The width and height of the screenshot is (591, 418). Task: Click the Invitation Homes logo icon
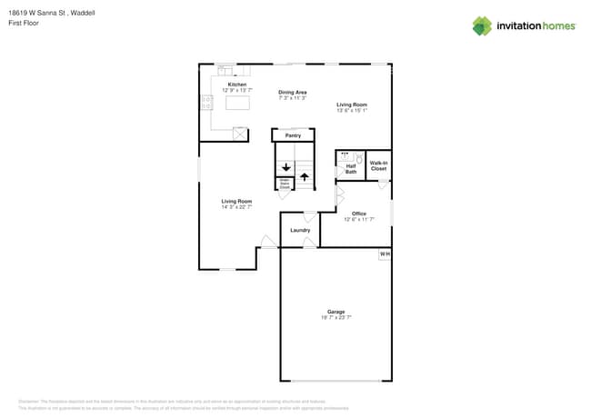(x=482, y=25)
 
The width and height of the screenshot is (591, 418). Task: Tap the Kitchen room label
(x=236, y=85)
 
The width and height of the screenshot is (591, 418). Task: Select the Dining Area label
(x=292, y=92)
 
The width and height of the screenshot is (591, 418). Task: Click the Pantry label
(x=293, y=135)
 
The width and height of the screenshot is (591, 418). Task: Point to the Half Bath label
(x=350, y=169)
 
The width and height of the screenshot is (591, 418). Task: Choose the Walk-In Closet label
(x=378, y=166)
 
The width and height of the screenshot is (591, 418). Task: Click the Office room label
(x=359, y=214)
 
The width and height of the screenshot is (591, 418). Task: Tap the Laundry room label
(x=300, y=230)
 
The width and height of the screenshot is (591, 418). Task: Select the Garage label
(x=336, y=312)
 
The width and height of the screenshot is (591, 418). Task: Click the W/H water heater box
(x=385, y=254)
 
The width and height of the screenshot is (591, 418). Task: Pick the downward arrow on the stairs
(x=285, y=167)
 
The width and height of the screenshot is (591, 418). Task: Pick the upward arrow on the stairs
(x=304, y=176)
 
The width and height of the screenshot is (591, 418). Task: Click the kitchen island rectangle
(x=237, y=104)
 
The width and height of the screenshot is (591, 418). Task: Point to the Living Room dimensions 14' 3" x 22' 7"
(x=236, y=207)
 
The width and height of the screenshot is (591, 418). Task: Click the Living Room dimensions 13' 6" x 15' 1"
(x=351, y=110)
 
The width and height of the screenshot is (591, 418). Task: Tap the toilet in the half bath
(x=358, y=158)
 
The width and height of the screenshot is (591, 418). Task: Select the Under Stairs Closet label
(x=284, y=184)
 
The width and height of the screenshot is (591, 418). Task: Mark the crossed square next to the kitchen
(x=240, y=134)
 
